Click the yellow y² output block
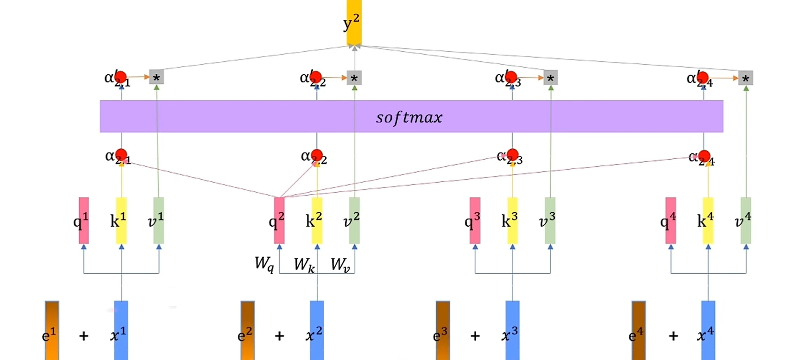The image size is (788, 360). pos(354,23)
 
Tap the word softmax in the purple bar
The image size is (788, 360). pos(409,117)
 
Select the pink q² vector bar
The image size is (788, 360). pos(279,220)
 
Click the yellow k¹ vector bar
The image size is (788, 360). pos(121,220)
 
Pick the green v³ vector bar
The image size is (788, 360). pos(550,220)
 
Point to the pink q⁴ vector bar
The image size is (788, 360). pos(670,220)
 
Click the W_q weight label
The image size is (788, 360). pos(264,263)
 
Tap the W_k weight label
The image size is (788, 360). pos(304,264)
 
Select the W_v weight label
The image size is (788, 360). pos(340,264)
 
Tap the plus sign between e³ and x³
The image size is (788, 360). pos(475,336)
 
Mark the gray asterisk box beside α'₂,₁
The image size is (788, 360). pos(156,77)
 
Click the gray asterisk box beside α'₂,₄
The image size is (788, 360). pos(745,78)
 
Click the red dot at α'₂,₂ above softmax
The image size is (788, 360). pos(316,76)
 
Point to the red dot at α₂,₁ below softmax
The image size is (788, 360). pos(121,154)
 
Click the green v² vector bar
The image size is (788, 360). pos(354,220)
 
